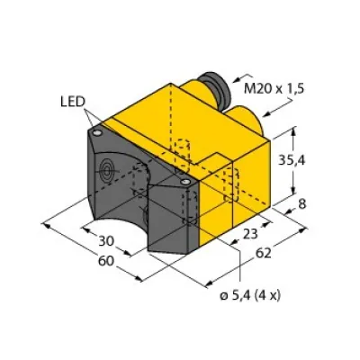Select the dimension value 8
tap(303, 206)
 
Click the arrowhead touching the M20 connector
tap(240, 84)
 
